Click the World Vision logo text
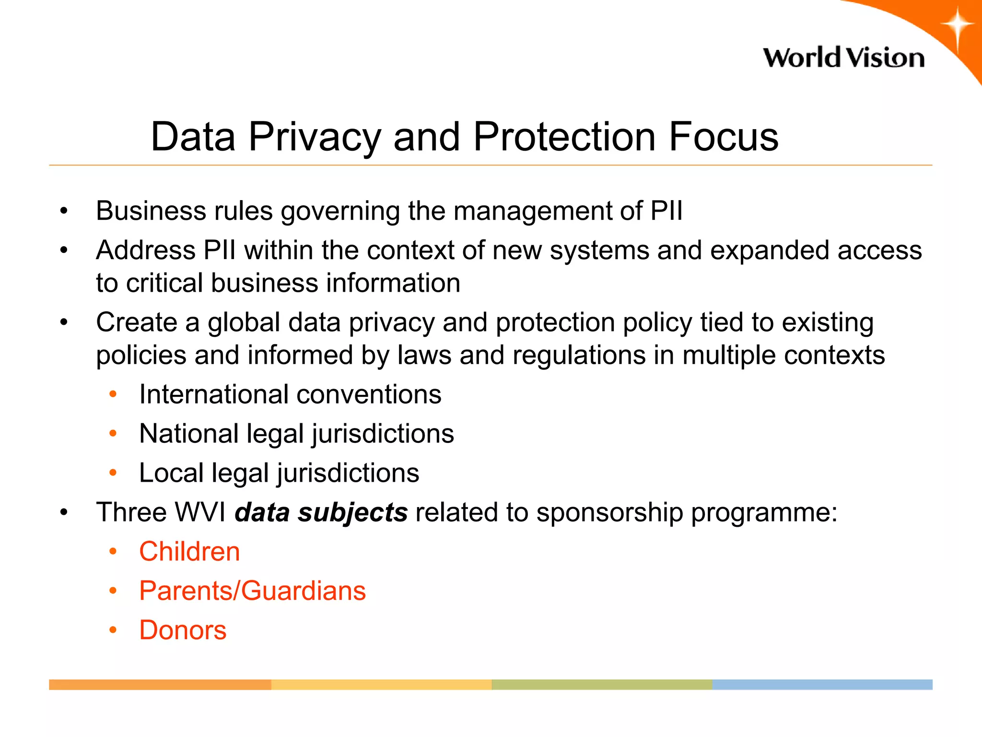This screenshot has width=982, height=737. coord(843,58)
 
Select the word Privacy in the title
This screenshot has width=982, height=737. coord(315,137)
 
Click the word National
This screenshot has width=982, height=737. coord(189,434)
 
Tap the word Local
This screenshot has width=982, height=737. coord(172,473)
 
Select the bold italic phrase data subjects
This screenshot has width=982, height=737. coord(321,512)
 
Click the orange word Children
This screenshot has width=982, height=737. coord(189,551)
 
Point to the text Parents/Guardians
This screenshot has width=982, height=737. coord(252,591)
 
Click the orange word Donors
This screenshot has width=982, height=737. coord(183,630)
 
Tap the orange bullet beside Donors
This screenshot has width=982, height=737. coord(113,630)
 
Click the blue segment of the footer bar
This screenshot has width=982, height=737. coord(822,685)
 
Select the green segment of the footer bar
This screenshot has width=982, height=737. coord(601,685)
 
